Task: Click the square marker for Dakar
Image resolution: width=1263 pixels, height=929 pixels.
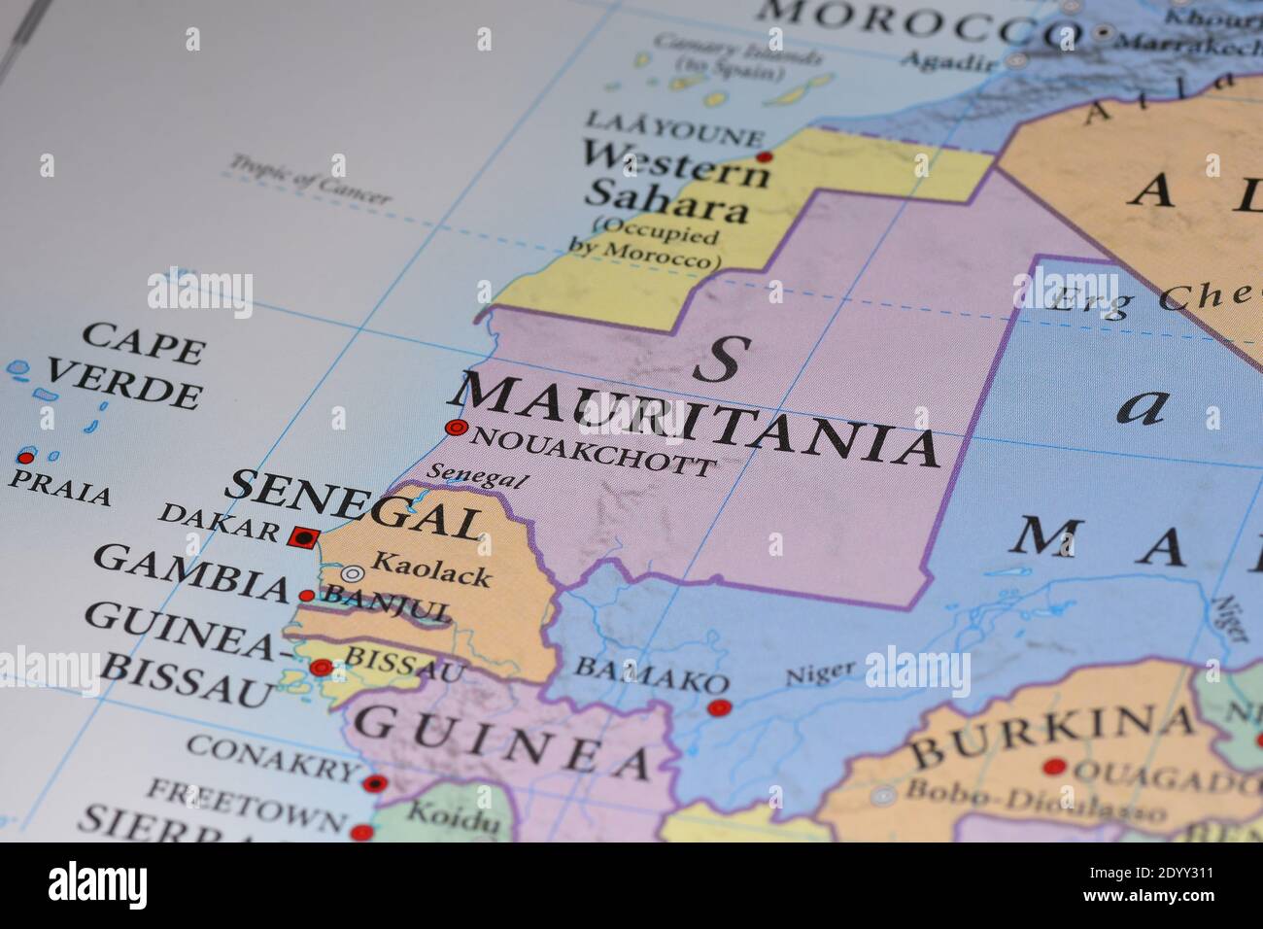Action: coord(303,535)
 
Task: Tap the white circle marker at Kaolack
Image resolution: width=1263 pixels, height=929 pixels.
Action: coord(352,574)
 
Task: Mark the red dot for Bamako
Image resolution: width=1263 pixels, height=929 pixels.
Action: coord(718,708)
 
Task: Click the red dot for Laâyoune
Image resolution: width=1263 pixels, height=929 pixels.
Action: coord(765,156)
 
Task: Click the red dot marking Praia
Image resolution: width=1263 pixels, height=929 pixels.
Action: coord(25,457)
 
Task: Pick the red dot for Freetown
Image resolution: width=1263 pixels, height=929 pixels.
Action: coord(361,832)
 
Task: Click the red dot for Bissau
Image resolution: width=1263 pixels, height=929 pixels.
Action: coord(321,668)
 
